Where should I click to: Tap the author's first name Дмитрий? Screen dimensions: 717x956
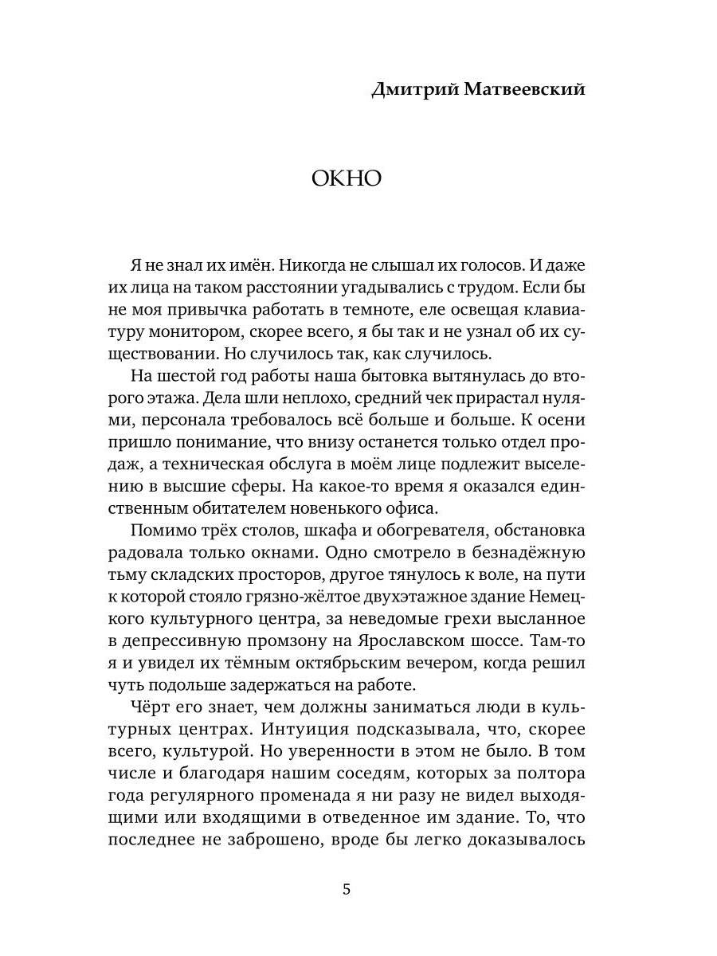click(x=415, y=89)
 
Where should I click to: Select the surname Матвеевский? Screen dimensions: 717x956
click(x=526, y=89)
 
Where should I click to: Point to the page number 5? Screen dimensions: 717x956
click(x=346, y=889)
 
